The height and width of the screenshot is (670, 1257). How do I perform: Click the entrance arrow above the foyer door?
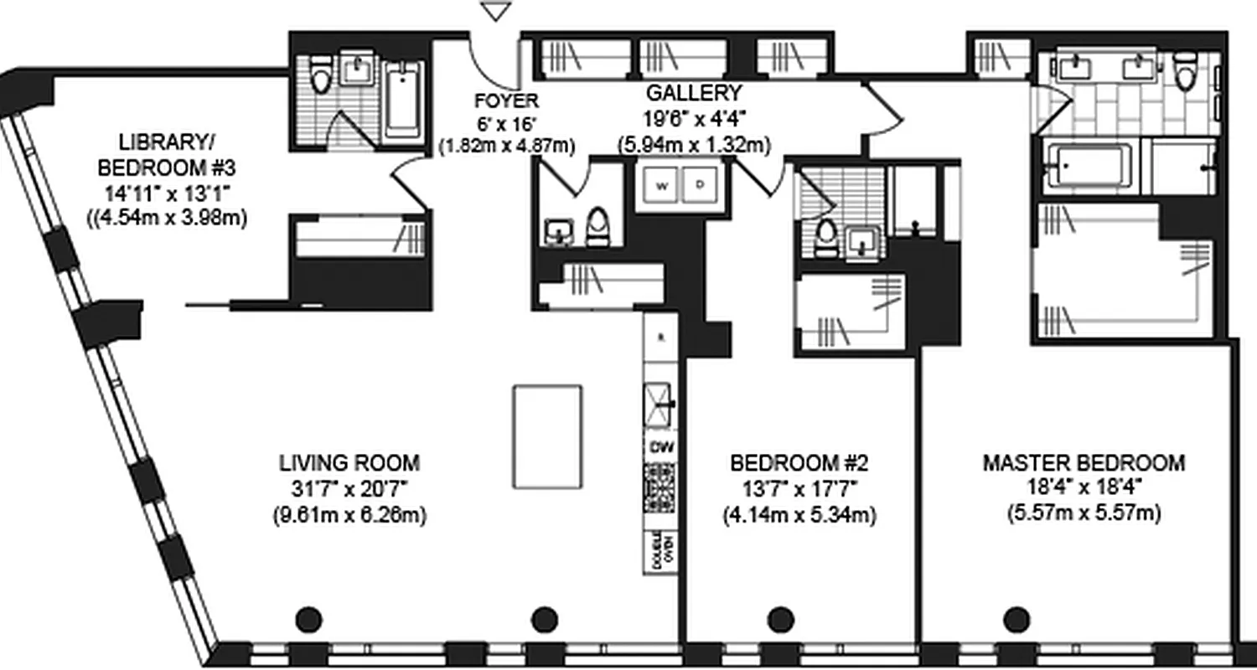[x=498, y=11]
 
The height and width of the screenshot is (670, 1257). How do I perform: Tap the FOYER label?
[x=506, y=101]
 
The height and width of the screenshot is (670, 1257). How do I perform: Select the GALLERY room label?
[x=693, y=93]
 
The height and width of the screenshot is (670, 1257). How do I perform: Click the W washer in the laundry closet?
[x=660, y=186]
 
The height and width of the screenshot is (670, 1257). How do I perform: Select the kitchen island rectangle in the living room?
[x=548, y=436]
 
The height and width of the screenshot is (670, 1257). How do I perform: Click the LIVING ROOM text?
[x=349, y=462]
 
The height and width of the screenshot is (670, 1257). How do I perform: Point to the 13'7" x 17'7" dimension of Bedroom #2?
[x=799, y=488]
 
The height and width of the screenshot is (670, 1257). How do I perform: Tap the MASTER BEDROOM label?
[x=1084, y=462]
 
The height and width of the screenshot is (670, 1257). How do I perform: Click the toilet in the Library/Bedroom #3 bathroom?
[x=320, y=75]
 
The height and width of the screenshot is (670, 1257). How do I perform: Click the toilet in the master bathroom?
[x=1184, y=72]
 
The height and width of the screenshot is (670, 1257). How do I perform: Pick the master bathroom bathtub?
[x=1087, y=167]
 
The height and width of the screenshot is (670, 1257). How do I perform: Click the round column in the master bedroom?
[x=1017, y=620]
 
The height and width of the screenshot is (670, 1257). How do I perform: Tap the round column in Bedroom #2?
[x=780, y=620]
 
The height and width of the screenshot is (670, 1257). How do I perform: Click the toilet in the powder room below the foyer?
[x=597, y=227]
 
